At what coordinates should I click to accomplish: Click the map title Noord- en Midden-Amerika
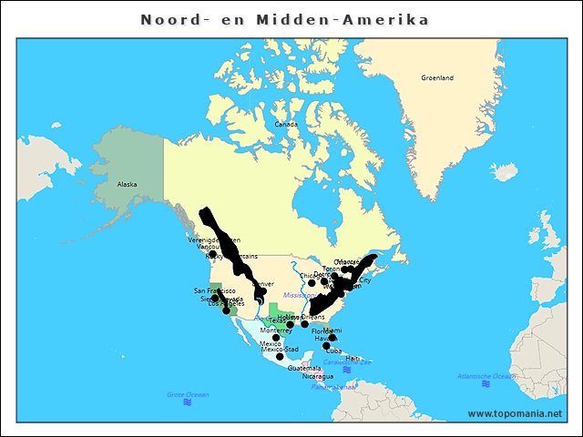(285, 19)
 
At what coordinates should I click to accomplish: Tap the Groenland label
(437, 78)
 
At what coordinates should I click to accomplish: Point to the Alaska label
(127, 184)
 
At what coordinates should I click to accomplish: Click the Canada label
(286, 124)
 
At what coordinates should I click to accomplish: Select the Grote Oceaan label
(188, 394)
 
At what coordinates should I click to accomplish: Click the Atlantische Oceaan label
(487, 376)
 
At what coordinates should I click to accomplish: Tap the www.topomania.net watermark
(515, 413)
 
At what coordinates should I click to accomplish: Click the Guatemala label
(304, 368)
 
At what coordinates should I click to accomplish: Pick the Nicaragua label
(318, 376)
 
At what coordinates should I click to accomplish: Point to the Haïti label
(353, 358)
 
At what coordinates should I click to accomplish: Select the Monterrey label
(276, 330)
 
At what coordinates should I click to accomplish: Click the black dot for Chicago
(312, 283)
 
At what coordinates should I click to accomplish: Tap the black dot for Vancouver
(212, 254)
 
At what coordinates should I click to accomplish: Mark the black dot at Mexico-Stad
(280, 357)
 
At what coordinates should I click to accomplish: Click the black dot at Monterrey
(276, 338)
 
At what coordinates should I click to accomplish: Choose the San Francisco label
(215, 290)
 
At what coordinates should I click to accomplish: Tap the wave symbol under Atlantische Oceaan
(487, 384)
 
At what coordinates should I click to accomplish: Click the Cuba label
(334, 351)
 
